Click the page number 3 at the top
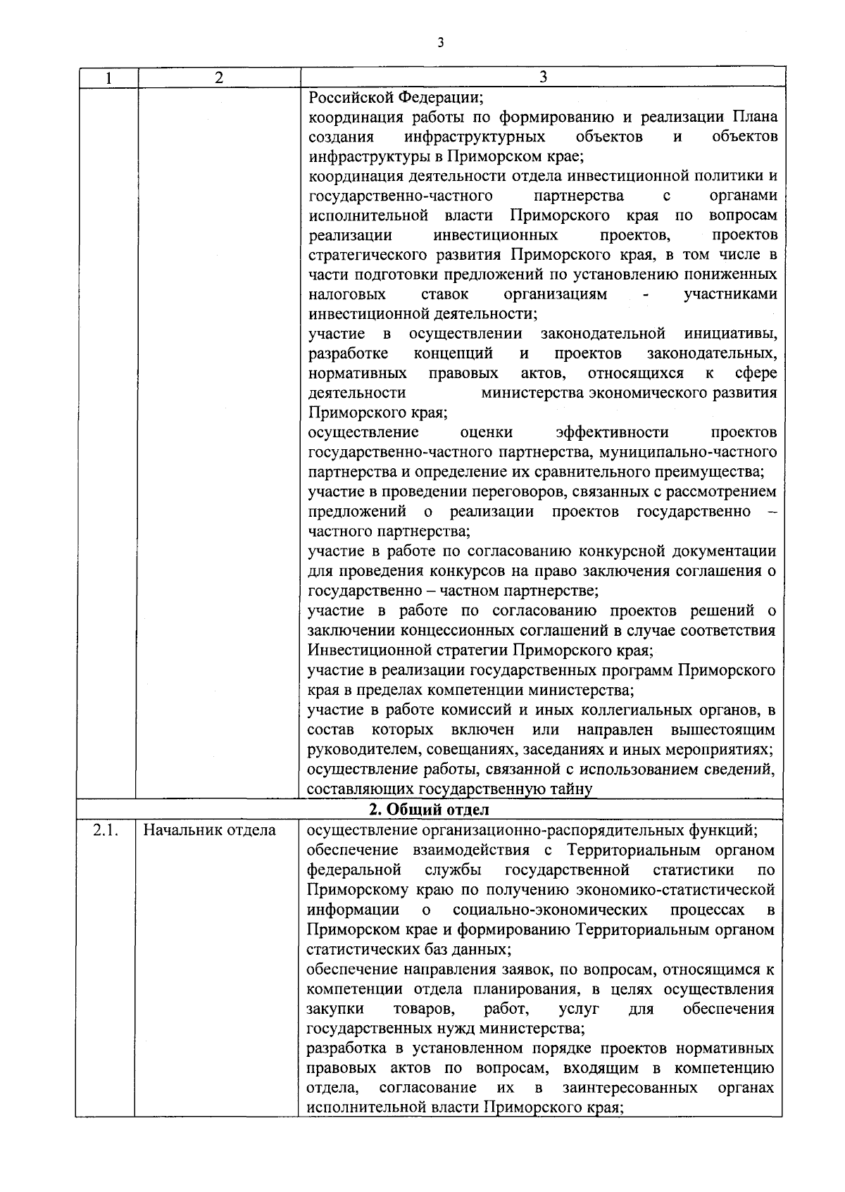440,43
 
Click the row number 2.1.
104,830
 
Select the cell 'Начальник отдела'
210,830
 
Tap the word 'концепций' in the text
453,353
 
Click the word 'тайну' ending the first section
573,789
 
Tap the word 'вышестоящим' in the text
723,729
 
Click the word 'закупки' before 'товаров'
332,1009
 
